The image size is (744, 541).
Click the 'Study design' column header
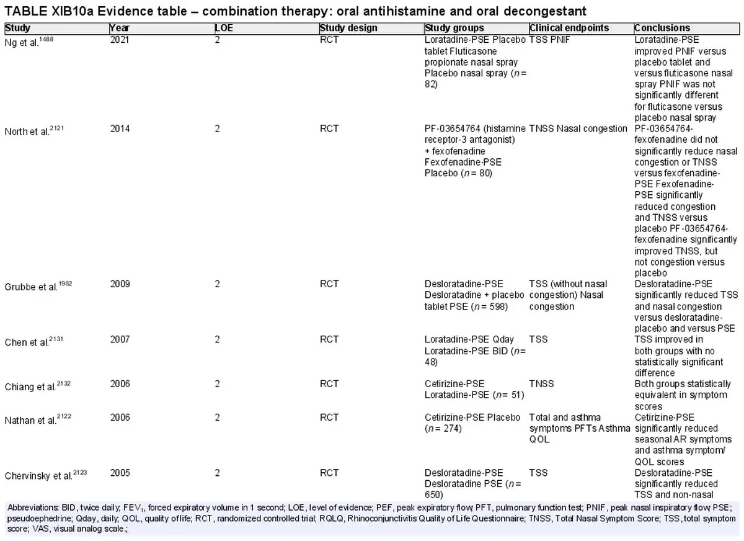tap(348, 28)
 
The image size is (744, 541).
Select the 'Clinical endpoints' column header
tap(569, 28)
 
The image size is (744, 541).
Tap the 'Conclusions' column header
tap(662, 28)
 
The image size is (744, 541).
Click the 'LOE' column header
tap(224, 28)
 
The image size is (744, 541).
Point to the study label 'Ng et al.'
tap(29, 42)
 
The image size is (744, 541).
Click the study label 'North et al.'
tap(34, 131)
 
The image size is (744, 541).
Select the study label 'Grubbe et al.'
tap(38, 286)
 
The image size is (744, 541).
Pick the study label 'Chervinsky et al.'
tap(45, 475)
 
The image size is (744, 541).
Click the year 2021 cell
tap(120, 40)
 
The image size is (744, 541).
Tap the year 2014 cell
tap(120, 128)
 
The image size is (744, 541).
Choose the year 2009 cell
tap(120, 284)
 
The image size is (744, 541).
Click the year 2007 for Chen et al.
tap(120, 339)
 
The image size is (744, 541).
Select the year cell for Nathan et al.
tap(120, 417)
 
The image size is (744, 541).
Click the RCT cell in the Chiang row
tap(329, 384)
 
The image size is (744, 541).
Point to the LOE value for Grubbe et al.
tap(217, 284)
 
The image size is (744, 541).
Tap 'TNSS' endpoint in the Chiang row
tap(541, 384)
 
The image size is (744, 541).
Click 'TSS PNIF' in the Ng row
tap(549, 40)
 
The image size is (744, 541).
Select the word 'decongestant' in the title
tap(545, 11)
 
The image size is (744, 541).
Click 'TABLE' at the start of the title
tap(26, 11)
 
